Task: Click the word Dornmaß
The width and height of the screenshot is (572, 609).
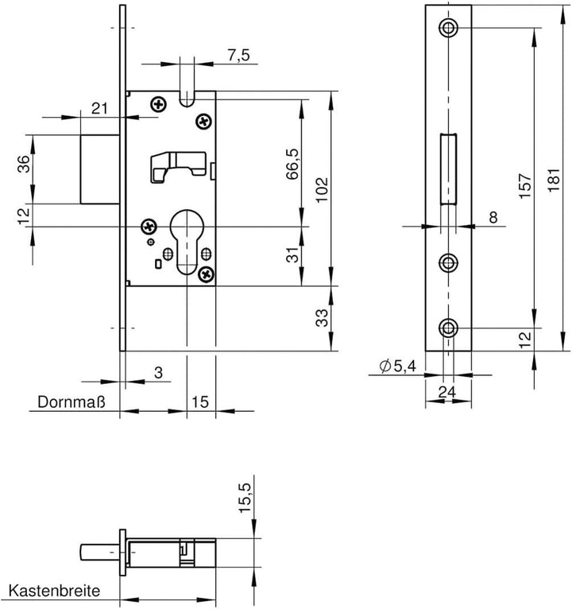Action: (71, 402)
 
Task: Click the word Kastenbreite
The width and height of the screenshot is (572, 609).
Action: (54, 592)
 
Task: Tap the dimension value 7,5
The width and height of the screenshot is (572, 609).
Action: (238, 56)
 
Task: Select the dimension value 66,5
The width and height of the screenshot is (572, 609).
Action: (292, 164)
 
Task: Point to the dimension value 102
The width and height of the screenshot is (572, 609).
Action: (322, 190)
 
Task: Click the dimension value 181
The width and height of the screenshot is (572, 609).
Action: (554, 180)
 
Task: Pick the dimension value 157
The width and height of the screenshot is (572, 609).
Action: (524, 186)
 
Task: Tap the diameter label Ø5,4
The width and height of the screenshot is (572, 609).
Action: (398, 367)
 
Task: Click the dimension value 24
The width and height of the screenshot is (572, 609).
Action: (447, 392)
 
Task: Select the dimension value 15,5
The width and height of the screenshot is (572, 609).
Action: (245, 498)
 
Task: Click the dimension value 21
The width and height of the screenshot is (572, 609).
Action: (99, 108)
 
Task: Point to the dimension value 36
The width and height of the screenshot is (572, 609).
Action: (24, 164)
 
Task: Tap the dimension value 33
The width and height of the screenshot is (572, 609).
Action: (322, 318)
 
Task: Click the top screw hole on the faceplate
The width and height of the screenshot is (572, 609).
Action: (449, 28)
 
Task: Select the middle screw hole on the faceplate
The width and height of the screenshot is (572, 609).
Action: (449, 263)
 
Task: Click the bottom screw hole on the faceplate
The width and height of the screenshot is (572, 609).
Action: (449, 328)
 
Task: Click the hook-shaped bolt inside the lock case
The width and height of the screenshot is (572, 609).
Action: (178, 167)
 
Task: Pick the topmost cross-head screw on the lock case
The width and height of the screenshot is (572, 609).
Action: (158, 104)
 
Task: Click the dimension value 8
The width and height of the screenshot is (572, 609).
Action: (493, 218)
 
